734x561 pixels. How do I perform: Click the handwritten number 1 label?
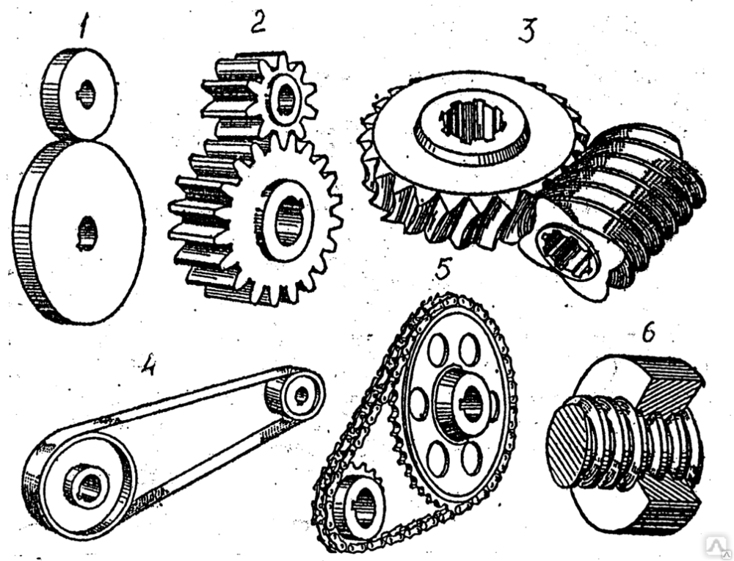pos(84,29)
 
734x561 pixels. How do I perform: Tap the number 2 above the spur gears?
pos(258,22)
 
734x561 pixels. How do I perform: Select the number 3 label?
pos(527,31)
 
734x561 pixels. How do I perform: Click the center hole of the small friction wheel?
pos(86,94)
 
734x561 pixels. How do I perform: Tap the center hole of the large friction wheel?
pos(86,233)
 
